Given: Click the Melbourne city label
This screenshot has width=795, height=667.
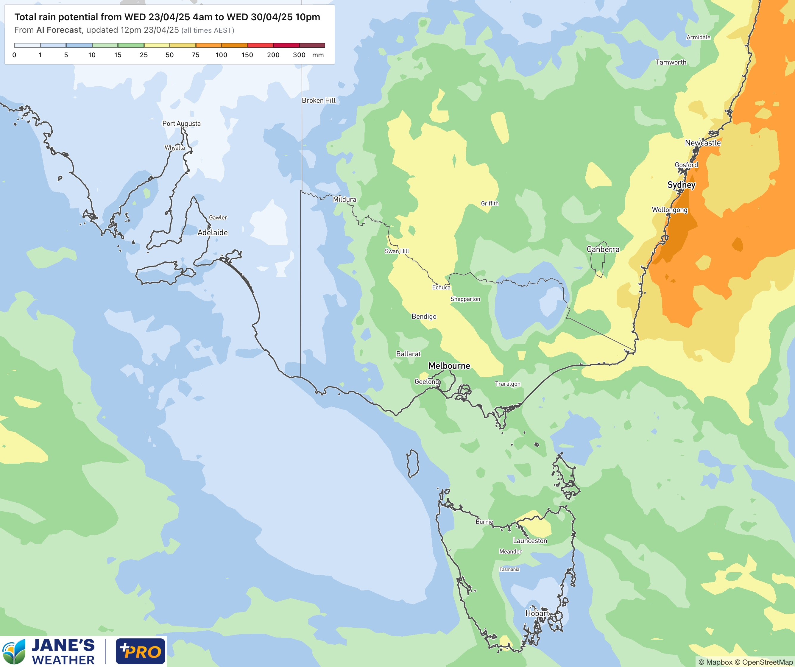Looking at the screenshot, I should [x=449, y=366].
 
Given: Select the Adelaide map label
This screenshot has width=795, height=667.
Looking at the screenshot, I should [x=212, y=233].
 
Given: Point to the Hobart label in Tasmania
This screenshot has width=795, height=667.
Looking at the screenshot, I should [x=537, y=613].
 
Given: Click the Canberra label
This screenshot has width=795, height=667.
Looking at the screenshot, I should [x=603, y=249].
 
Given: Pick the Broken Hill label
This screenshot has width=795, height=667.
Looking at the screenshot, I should [x=318, y=100].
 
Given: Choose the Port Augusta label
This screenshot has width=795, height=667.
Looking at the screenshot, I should [x=181, y=123].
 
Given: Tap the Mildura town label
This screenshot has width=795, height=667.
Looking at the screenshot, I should [x=344, y=199].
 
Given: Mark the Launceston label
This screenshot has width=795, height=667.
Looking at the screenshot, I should [x=530, y=540].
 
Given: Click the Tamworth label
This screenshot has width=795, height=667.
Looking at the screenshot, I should [x=671, y=62].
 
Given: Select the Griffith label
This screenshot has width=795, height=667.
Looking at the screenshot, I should [x=490, y=203].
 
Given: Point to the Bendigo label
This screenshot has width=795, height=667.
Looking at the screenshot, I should [x=424, y=317].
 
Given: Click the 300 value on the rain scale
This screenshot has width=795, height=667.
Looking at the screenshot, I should [x=299, y=55].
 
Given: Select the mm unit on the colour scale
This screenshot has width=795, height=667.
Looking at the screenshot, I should [x=318, y=55].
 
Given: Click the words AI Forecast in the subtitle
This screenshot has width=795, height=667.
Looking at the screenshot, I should [x=59, y=30].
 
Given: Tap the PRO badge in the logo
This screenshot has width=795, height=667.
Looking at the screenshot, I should [x=141, y=651].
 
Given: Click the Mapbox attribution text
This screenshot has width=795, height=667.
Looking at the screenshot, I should [x=715, y=662].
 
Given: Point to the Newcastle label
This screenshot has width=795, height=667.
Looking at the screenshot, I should [x=703, y=143].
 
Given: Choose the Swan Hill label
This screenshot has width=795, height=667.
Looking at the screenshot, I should [x=397, y=251].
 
